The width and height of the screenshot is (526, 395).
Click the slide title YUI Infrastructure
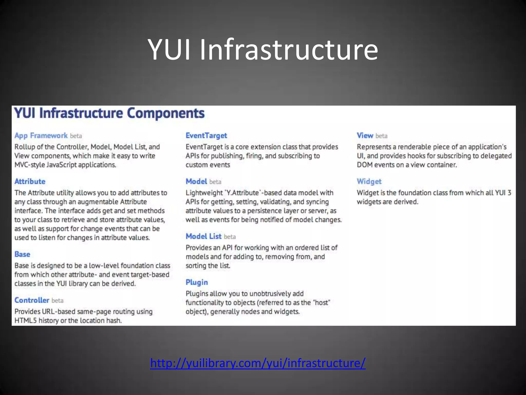tap(263, 49)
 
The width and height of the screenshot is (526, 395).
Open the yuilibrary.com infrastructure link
tap(258, 363)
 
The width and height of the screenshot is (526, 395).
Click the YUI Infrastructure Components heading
tap(109, 113)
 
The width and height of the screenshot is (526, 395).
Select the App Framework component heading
tap(41, 136)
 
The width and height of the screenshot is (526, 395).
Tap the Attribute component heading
tap(30, 181)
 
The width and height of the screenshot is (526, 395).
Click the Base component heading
tap(22, 254)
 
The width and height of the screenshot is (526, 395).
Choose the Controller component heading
tap(32, 300)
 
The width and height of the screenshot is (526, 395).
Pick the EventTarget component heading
tap(206, 136)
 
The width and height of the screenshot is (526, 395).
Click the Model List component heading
tap(203, 236)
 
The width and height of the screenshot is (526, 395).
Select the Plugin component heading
tap(197, 282)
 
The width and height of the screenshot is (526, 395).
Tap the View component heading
tap(365, 136)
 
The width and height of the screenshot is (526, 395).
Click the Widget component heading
tap(369, 181)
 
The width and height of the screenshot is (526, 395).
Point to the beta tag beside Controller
tap(58, 301)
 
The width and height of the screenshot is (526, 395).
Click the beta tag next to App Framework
tap(76, 136)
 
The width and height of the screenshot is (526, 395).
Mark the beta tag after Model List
tap(230, 237)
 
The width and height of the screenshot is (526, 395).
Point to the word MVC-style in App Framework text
tap(30, 165)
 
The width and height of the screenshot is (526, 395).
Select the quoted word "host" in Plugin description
tap(322, 302)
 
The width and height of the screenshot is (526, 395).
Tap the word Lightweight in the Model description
tap(204, 193)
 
